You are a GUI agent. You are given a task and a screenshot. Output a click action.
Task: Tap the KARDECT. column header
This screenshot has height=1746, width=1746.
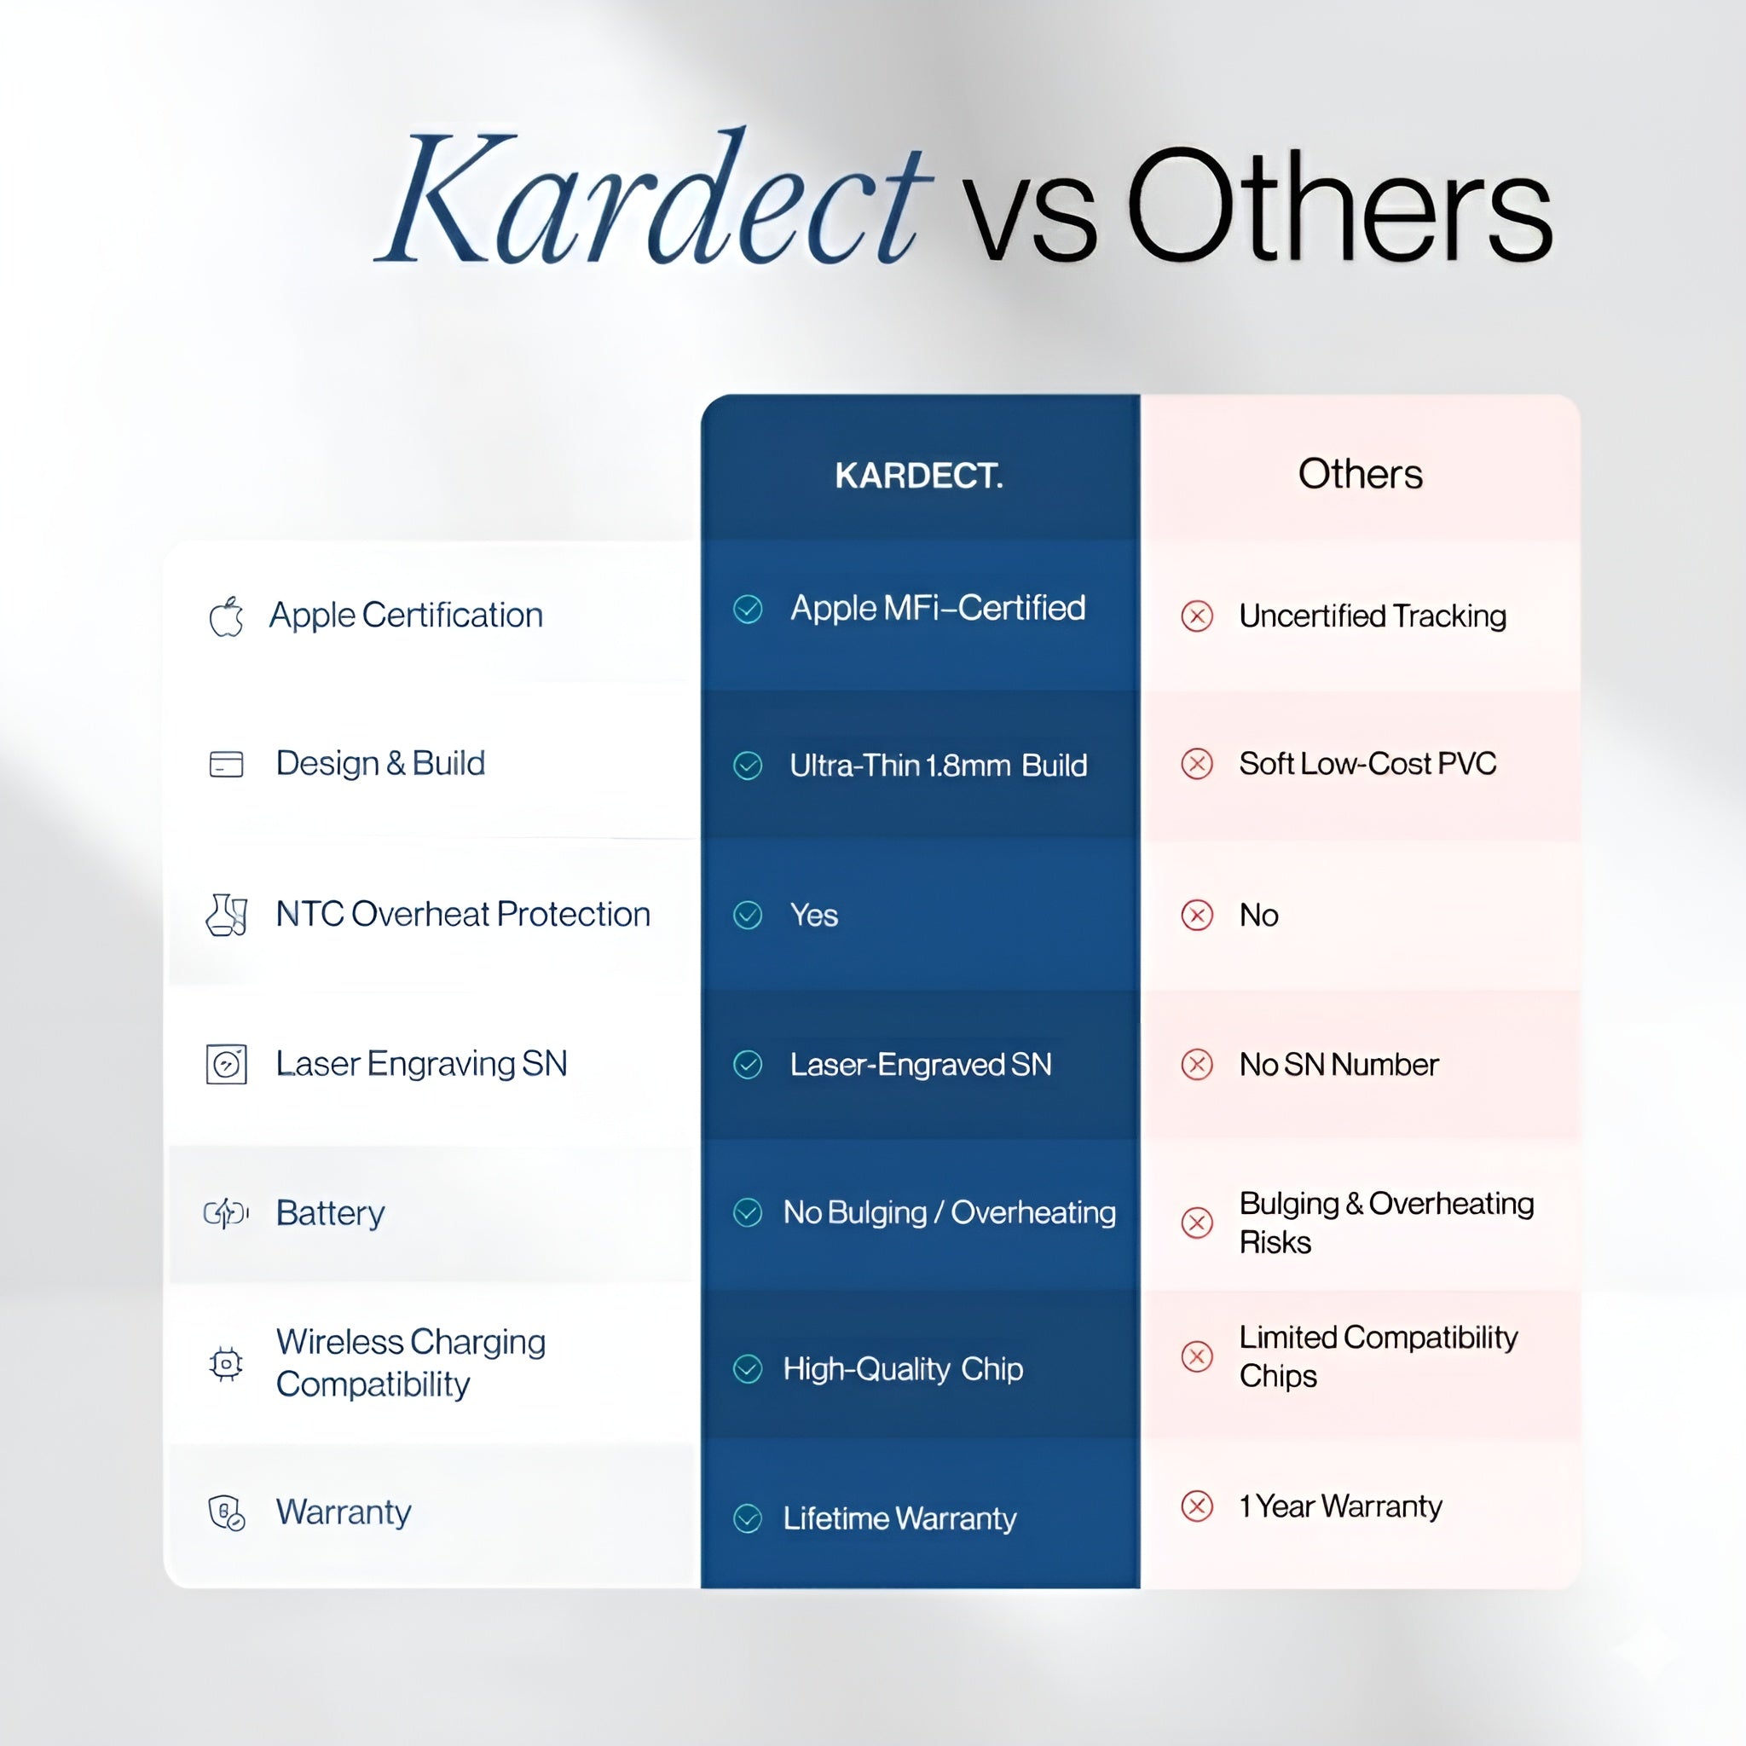(x=918, y=476)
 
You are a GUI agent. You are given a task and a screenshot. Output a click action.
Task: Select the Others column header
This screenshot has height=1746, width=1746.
(x=1359, y=473)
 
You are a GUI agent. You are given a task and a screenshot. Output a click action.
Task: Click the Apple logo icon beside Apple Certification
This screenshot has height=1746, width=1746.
(x=226, y=616)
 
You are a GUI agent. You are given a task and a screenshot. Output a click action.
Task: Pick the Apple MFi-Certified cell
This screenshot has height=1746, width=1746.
(x=937, y=608)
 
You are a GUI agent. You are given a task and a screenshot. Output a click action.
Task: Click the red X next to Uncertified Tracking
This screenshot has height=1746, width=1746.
(x=1196, y=616)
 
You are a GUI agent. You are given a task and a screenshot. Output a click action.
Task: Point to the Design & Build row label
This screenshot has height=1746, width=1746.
(x=379, y=764)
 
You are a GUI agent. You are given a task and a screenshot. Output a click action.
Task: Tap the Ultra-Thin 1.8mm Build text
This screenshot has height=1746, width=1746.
(x=937, y=766)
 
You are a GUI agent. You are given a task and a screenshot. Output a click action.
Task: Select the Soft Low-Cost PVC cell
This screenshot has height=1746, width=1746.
(x=1367, y=764)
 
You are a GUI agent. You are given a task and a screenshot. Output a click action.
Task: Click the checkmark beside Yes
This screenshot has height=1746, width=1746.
(x=748, y=916)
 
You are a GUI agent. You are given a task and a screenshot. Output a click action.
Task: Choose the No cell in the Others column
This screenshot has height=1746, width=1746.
(x=1258, y=916)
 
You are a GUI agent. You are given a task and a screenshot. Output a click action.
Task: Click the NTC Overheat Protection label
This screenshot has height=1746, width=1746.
(x=463, y=915)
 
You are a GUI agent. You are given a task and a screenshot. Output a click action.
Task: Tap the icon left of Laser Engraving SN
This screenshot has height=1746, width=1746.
(x=226, y=1065)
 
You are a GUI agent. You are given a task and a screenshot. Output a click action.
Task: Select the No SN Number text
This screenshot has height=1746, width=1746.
(x=1338, y=1065)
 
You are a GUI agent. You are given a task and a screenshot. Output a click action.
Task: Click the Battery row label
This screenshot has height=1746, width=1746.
(x=330, y=1213)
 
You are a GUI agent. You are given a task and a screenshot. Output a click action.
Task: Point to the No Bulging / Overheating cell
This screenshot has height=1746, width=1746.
(x=949, y=1213)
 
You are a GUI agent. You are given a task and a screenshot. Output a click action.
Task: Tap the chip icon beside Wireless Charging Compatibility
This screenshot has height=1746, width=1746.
(x=226, y=1364)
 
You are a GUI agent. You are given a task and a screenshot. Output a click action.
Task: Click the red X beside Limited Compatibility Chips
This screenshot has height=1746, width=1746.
(x=1196, y=1356)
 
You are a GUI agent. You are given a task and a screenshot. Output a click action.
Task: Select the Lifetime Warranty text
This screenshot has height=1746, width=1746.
(x=899, y=1518)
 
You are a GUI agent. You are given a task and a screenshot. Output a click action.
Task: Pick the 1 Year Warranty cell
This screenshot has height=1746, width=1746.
(x=1339, y=1506)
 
